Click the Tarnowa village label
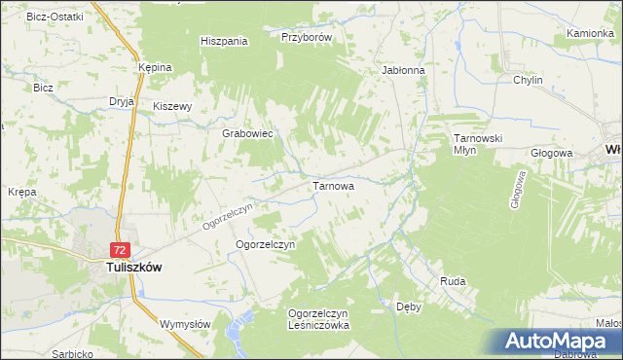click(x=331, y=185)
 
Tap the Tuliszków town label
click(x=132, y=266)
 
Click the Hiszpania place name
click(x=224, y=41)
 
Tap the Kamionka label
click(x=590, y=33)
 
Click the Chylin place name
click(x=527, y=80)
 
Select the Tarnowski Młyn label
click(x=477, y=145)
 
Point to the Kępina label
click(x=155, y=67)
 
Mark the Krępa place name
click(x=21, y=192)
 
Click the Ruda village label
click(x=453, y=281)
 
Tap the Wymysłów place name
click(x=184, y=323)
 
